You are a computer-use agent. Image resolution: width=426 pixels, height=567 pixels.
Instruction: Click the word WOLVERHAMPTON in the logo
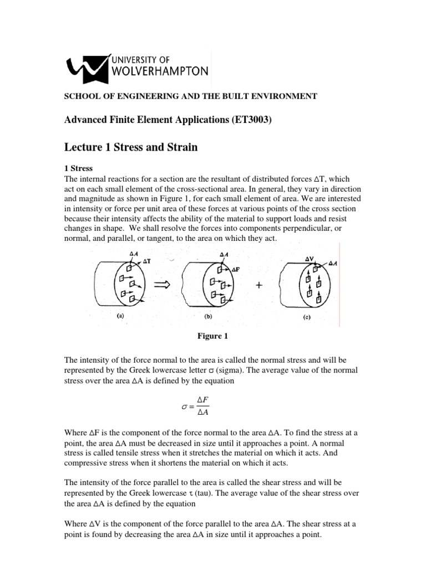[160, 71]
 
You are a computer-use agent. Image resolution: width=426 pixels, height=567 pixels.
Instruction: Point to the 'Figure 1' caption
[212, 336]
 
